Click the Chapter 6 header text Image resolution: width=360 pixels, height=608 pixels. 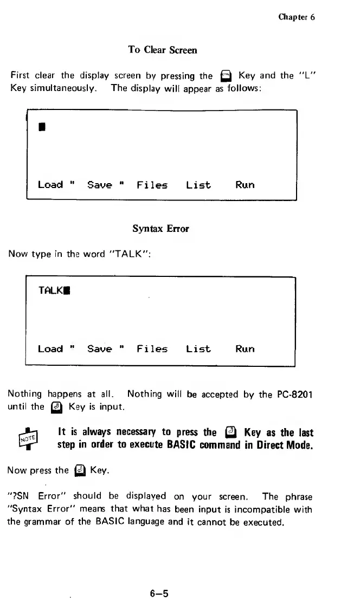[x=297, y=17]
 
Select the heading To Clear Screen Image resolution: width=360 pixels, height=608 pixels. [x=162, y=50]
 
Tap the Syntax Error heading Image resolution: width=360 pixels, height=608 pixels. [x=161, y=229]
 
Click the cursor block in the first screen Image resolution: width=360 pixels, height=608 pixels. [x=41, y=128]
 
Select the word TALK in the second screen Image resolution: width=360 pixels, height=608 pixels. [x=50, y=290]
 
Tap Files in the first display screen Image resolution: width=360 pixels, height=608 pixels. [x=152, y=185]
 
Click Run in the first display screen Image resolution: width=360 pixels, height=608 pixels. [x=245, y=185]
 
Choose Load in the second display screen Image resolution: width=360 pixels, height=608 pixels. [x=50, y=348]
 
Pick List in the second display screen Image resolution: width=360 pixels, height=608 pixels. [x=198, y=348]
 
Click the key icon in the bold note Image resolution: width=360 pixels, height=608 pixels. [x=229, y=432]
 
